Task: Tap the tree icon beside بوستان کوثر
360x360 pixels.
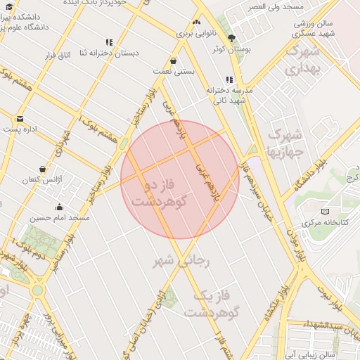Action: pyautogui.click(x=232, y=38)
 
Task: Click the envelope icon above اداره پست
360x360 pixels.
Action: pyautogui.click(x=20, y=118)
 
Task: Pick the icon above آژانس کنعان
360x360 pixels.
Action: pyautogui.click(x=43, y=169)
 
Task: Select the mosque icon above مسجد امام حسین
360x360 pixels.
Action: pyautogui.click(x=59, y=207)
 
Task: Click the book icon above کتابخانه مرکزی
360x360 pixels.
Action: pyautogui.click(x=324, y=211)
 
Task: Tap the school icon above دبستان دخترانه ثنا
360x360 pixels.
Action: pyautogui.click(x=109, y=42)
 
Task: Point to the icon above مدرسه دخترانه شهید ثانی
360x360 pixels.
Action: pyautogui.click(x=229, y=80)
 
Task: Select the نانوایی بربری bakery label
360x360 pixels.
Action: pyautogui.click(x=193, y=33)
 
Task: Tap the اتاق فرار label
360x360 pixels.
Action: pyautogui.click(x=60, y=54)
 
